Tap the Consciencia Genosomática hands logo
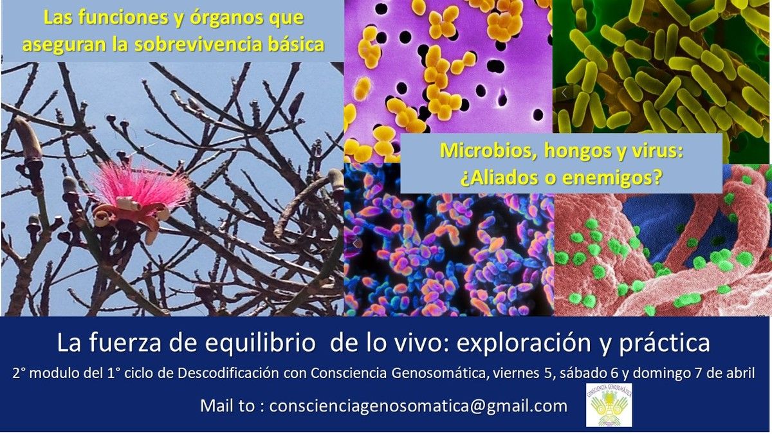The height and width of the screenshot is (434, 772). tap(609, 405)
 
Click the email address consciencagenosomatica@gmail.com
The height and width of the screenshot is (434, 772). tap(418, 406)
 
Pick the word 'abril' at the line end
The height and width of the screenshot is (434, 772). tap(740, 374)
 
